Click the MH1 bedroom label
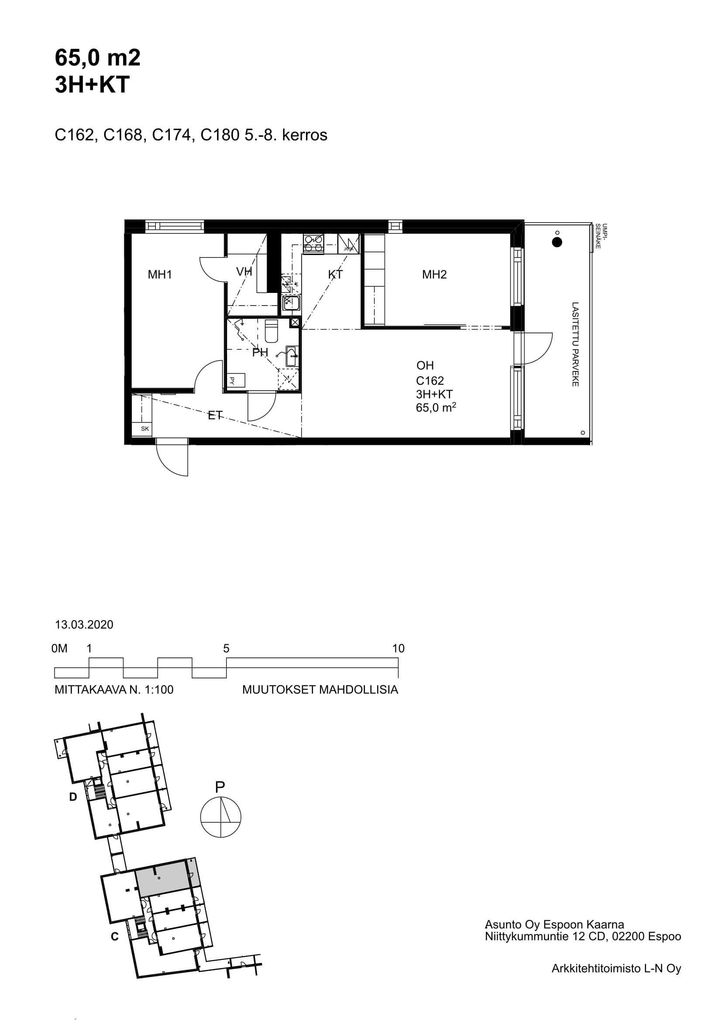[x=160, y=275]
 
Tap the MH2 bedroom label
[x=434, y=275]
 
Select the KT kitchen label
[x=335, y=275]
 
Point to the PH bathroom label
[x=260, y=353]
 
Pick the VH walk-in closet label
[x=244, y=271]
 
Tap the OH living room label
[x=425, y=365]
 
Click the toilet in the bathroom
[x=271, y=331]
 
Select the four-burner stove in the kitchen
[x=313, y=244]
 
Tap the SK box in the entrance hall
[x=145, y=429]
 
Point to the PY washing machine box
[x=236, y=381]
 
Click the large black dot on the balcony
[x=557, y=242]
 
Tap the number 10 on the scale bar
[x=399, y=648]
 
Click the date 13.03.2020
[x=84, y=624]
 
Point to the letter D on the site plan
[x=73, y=797]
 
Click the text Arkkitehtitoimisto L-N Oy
[x=616, y=968]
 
